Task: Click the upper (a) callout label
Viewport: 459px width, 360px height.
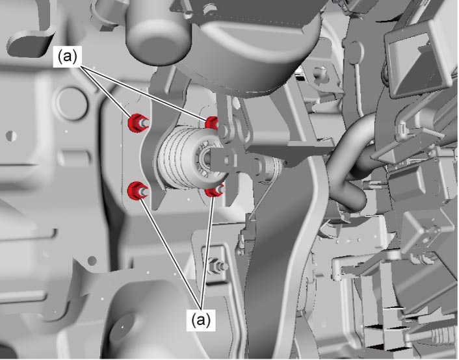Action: [x=68, y=57]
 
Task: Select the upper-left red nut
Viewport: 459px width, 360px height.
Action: [x=135, y=123]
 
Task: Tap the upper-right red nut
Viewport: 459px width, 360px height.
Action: [x=211, y=122]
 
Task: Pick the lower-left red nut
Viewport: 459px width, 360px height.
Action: [x=135, y=190]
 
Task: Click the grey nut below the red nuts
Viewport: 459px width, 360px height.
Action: [x=216, y=266]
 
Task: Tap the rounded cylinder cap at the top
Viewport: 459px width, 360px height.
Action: [x=158, y=32]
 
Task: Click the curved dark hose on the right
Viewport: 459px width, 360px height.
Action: [x=348, y=164]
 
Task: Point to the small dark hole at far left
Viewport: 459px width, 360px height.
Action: [x=12, y=136]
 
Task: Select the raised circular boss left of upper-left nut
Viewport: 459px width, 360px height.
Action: [x=70, y=103]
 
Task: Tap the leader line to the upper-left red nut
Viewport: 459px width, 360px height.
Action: [x=104, y=92]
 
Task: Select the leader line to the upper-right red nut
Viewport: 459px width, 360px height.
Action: [x=144, y=92]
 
